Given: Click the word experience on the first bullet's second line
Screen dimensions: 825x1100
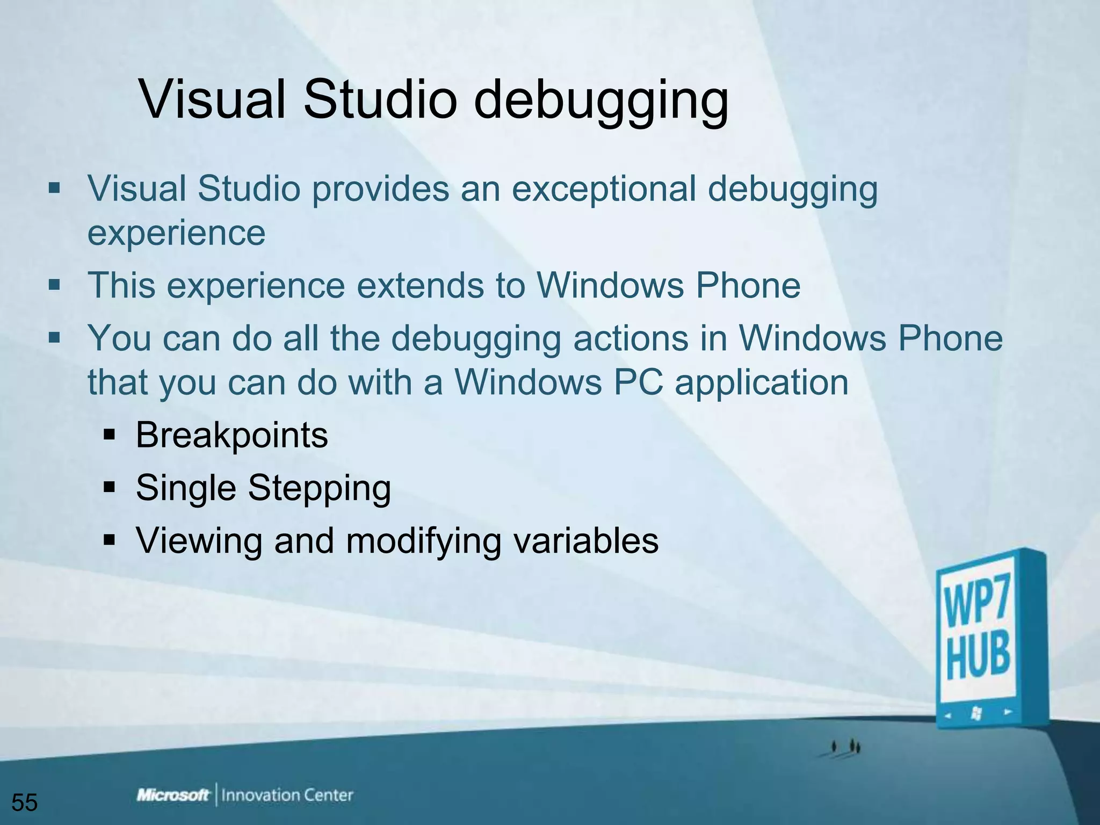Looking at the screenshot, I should coord(176,233).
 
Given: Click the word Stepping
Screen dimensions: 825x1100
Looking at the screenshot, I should coord(319,488).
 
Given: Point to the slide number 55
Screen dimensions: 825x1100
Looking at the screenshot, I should coord(25,802).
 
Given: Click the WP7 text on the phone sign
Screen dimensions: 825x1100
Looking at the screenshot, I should coord(977,606).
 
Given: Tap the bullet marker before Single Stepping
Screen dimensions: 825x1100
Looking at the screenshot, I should coord(110,488).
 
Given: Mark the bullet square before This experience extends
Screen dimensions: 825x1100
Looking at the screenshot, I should coord(54,284).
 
